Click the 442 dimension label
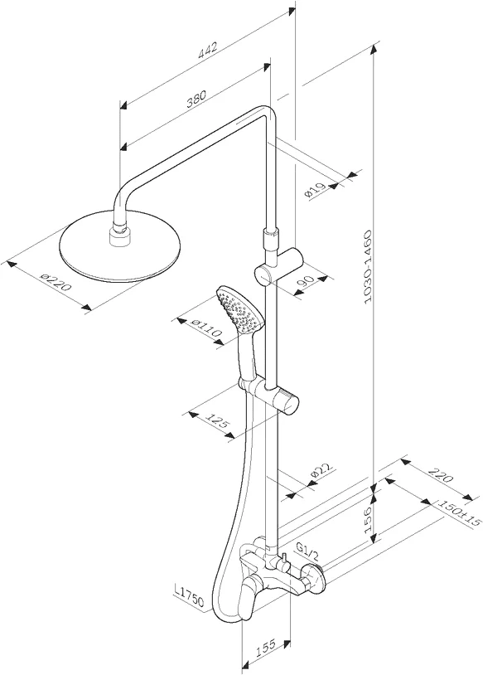208,50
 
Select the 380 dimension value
196,99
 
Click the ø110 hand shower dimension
206,328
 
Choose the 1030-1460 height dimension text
368,267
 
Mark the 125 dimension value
219,423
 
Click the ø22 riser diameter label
321,473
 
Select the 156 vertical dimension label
368,520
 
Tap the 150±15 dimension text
458,513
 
